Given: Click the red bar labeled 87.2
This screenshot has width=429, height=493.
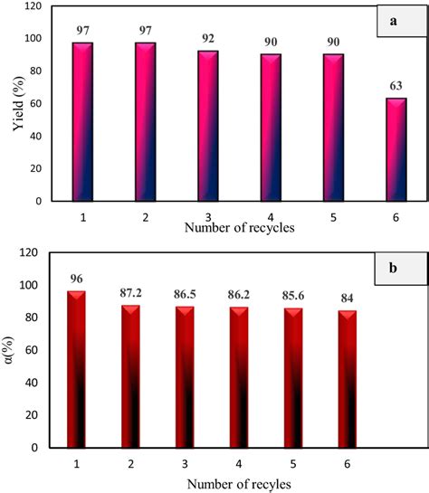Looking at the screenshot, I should point(130,376).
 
